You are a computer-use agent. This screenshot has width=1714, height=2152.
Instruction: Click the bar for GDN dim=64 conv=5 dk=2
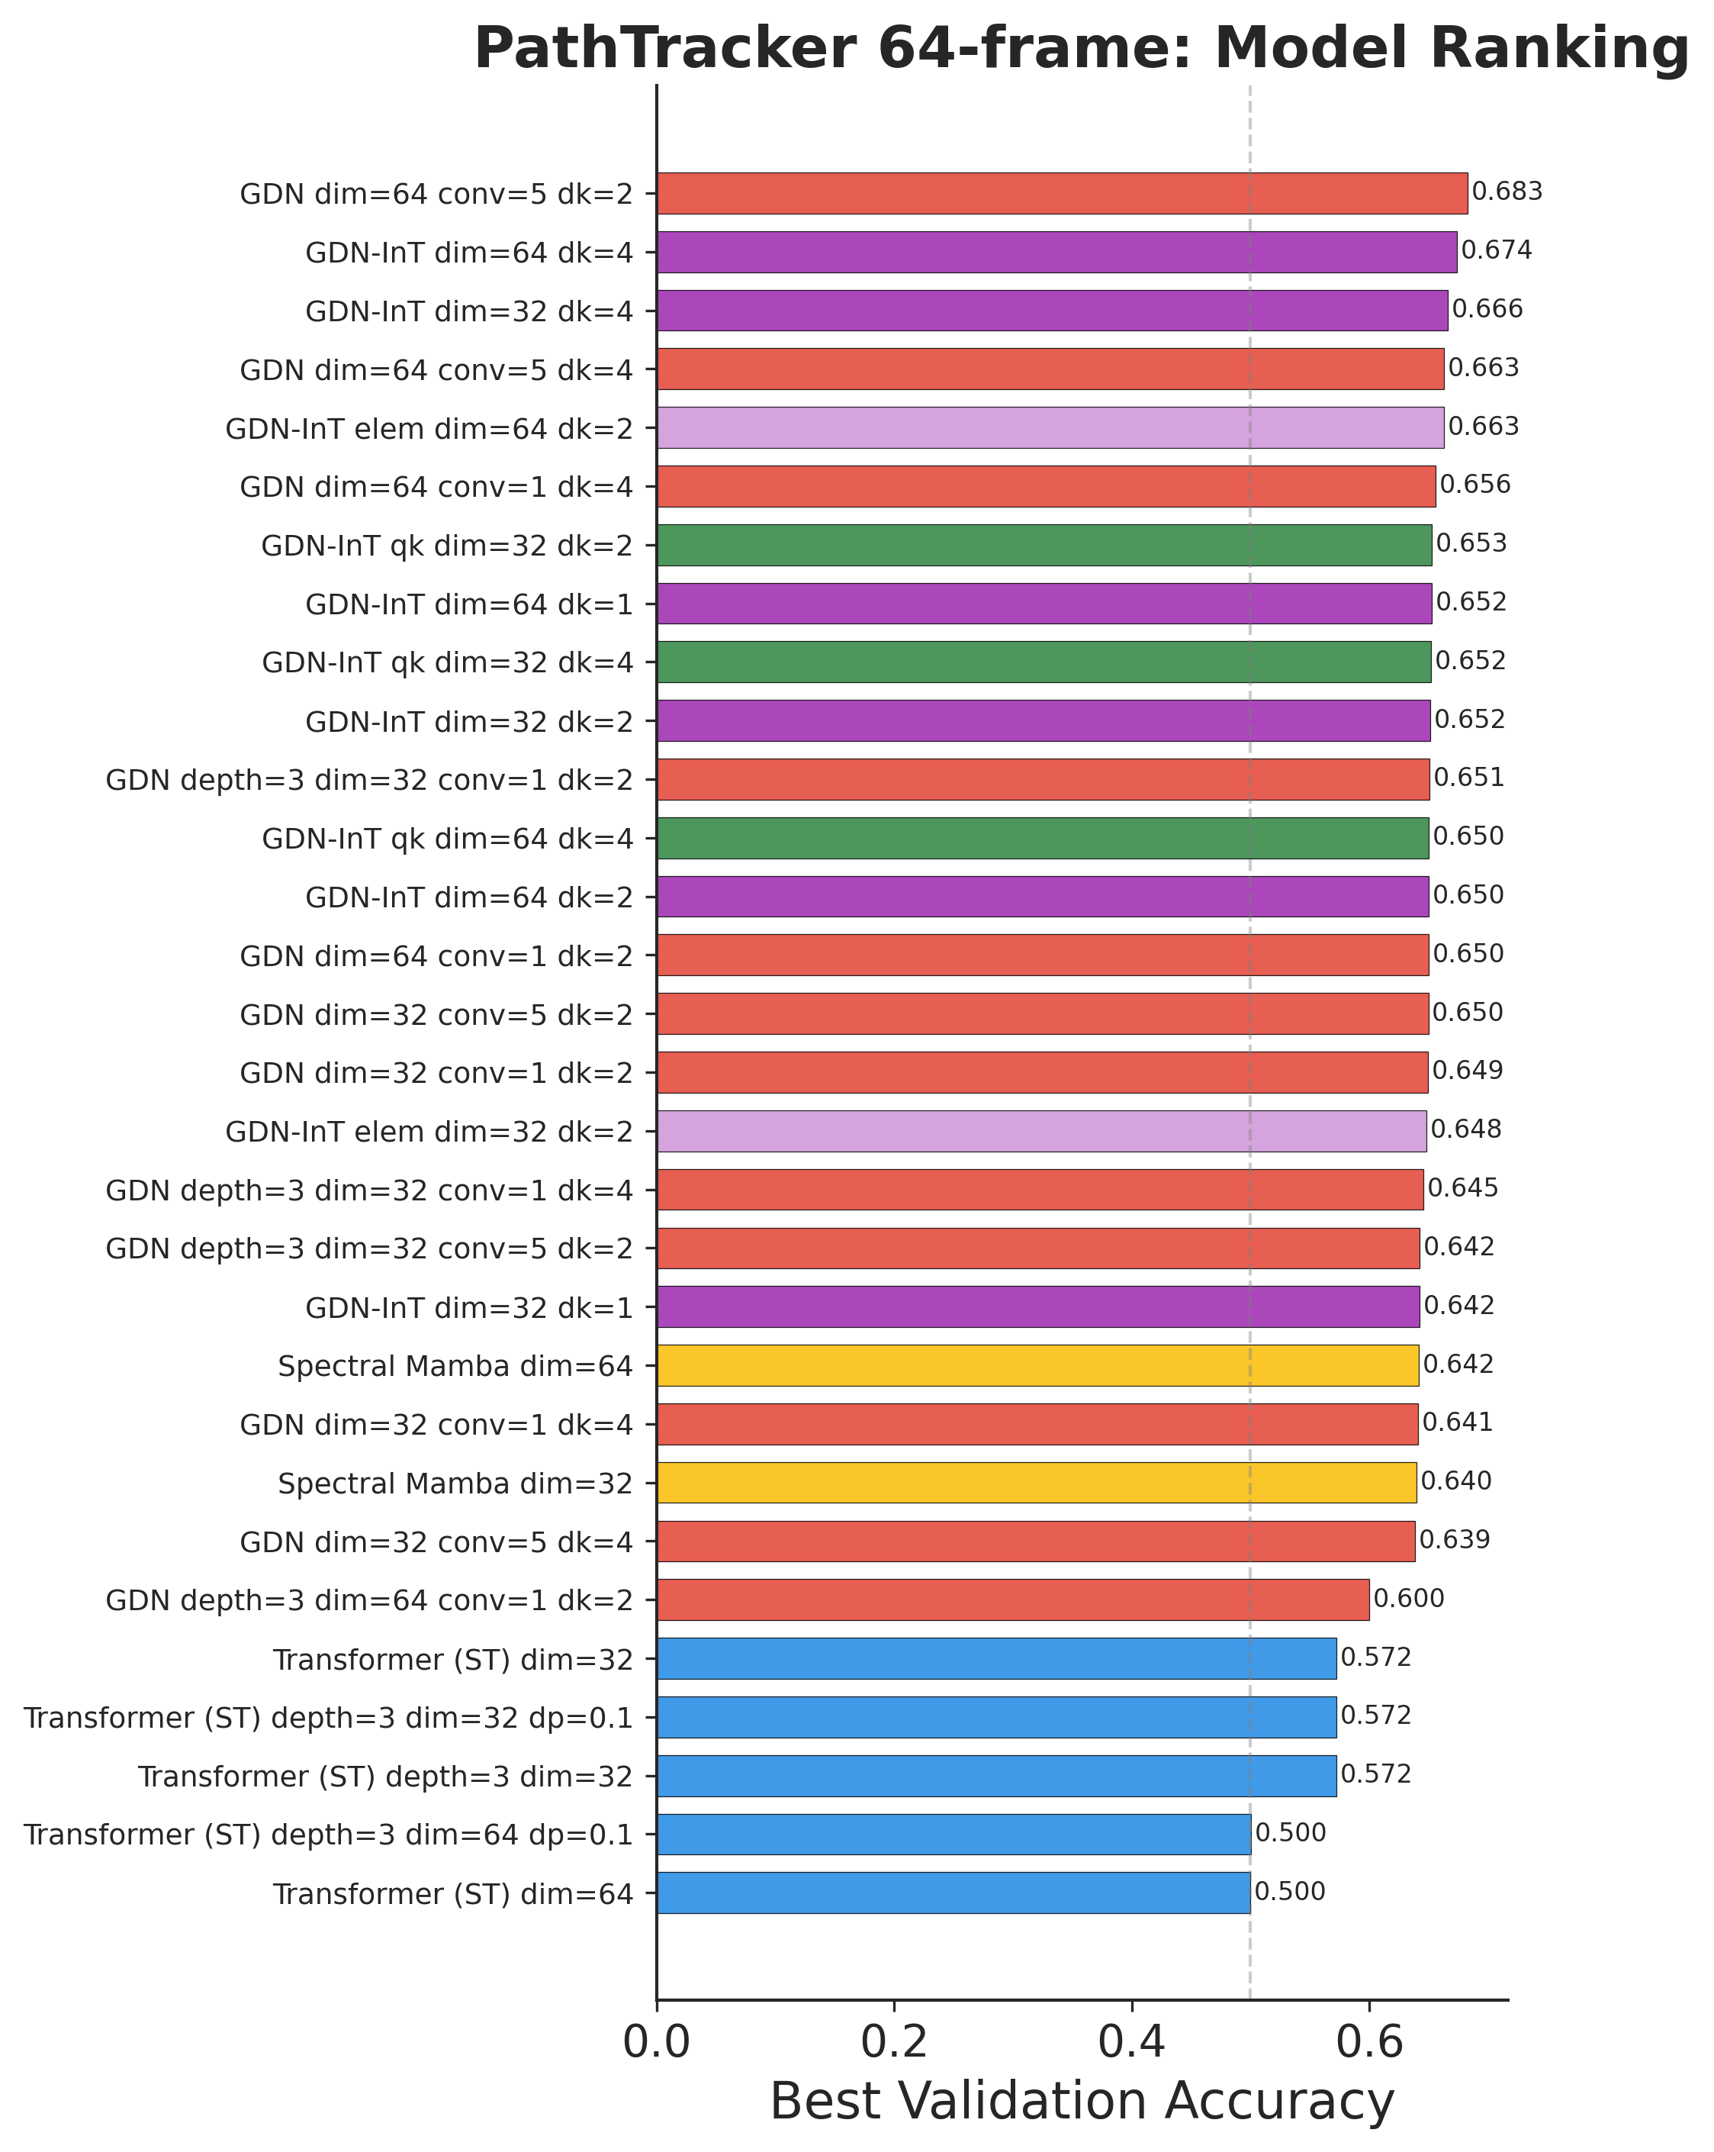(1062, 194)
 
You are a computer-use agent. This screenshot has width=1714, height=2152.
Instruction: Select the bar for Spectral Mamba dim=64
(1037, 1365)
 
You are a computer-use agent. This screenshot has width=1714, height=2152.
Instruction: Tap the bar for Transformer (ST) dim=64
(953, 1893)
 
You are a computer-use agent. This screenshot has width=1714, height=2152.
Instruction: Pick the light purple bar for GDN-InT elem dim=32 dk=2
(1040, 1131)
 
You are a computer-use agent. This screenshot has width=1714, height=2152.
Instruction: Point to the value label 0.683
(1507, 192)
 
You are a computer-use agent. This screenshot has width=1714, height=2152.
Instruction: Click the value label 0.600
(1409, 1599)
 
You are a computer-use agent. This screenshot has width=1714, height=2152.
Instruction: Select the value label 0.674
(1496, 250)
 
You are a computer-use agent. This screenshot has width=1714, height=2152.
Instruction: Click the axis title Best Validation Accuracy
(1082, 2102)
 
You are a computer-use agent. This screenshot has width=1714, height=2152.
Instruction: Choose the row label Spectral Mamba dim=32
(455, 1484)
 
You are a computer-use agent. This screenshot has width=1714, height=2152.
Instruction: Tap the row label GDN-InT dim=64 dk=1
(469, 604)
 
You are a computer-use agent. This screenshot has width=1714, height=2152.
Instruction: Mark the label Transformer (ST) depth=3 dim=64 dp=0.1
(328, 1835)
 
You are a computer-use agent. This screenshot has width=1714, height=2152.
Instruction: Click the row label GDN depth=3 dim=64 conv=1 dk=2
(369, 1600)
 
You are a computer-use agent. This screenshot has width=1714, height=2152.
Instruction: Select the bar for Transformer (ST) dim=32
(995, 1659)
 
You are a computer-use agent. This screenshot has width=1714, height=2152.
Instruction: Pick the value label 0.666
(1487, 309)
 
